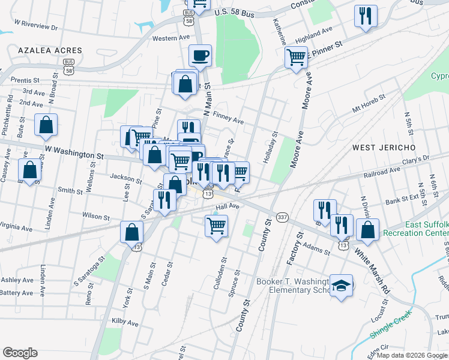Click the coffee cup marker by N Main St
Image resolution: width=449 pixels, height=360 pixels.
pyautogui.click(x=200, y=56)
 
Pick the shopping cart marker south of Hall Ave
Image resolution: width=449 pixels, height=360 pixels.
pyautogui.click(x=216, y=226)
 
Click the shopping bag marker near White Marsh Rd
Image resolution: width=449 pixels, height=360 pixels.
pyautogui.click(x=367, y=230)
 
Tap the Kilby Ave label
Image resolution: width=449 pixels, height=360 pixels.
pyautogui.click(x=125, y=322)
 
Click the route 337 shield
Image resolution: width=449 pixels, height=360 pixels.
pyautogui.click(x=282, y=216)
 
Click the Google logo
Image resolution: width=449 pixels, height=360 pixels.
pyautogui.click(x=20, y=353)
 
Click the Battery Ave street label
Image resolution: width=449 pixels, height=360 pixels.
pyautogui.click(x=17, y=293)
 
